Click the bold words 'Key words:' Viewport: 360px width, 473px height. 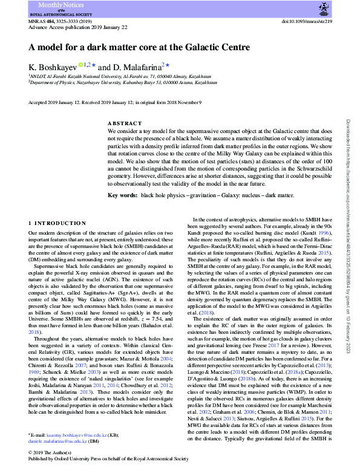pos(122,195)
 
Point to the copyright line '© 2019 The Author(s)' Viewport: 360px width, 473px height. pos(53,453)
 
